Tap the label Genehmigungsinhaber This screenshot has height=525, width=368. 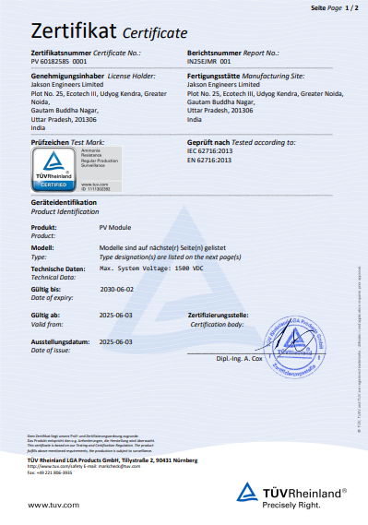(x=65, y=76)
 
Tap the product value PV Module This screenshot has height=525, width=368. (x=115, y=226)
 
